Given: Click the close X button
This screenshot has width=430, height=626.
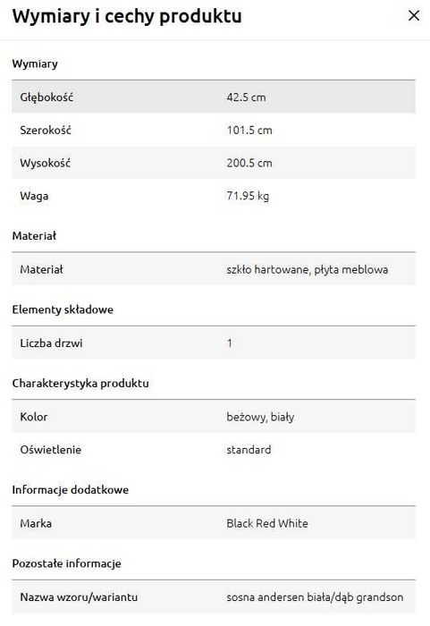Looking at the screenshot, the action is click(413, 16).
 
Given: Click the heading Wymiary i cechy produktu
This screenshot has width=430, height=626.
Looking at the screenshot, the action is click(127, 17).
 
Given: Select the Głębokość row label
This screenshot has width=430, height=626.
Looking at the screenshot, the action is click(46, 97).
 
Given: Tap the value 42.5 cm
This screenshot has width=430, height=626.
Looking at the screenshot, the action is click(246, 97).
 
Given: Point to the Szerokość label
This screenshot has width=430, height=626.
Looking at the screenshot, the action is click(46, 130).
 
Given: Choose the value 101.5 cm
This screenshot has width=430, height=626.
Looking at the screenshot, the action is click(249, 130).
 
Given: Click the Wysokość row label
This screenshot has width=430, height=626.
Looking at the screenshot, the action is click(45, 163).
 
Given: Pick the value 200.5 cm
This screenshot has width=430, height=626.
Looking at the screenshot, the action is click(249, 163).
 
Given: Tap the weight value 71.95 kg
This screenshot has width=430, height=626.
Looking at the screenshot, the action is click(248, 196).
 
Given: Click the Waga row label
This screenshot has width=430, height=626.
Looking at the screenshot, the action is click(34, 196).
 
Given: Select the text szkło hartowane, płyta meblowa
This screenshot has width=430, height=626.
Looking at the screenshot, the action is click(308, 269).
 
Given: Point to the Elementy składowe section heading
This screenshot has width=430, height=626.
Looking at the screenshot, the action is click(63, 309).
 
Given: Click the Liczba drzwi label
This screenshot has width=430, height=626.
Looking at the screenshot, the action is click(51, 343).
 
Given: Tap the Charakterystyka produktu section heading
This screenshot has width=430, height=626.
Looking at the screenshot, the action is click(80, 383).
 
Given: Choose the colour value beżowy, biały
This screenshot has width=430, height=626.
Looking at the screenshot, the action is click(260, 417).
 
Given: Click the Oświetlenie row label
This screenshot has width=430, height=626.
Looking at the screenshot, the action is click(52, 450).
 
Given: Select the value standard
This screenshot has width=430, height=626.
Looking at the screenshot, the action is click(249, 450).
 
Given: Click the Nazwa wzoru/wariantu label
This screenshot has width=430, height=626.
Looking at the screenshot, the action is click(79, 596).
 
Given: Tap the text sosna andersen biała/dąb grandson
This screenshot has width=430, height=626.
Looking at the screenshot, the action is click(315, 596).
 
